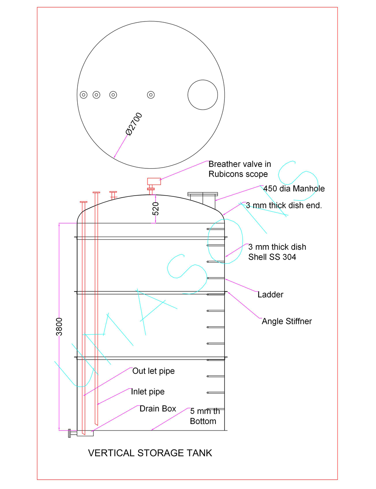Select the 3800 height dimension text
[59, 326]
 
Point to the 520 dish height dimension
[156, 208]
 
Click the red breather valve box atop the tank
[154, 181]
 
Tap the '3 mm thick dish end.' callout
[284, 205]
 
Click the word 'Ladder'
[270, 295]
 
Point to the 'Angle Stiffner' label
[287, 321]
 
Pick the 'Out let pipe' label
[153, 371]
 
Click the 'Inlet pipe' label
[148, 392]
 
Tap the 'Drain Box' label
[158, 409]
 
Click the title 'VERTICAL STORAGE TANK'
[150, 453]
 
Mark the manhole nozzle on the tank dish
[202, 198]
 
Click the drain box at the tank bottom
[85, 433]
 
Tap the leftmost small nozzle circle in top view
[83, 95]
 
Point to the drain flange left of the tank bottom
[70, 433]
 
